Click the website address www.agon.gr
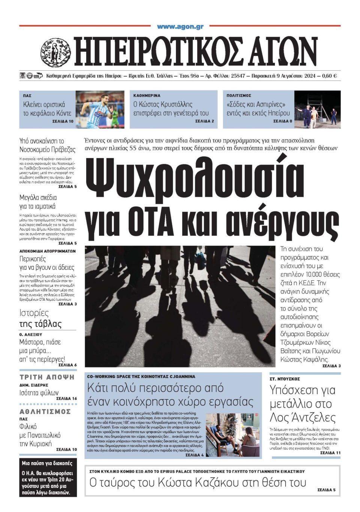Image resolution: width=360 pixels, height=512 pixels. [x=180, y=27]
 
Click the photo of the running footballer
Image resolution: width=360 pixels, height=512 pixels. [x=100, y=109]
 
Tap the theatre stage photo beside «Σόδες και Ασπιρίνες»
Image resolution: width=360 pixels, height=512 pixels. [x=317, y=109]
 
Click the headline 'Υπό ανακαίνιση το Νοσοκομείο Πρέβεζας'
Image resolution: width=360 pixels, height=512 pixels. [x=48, y=145]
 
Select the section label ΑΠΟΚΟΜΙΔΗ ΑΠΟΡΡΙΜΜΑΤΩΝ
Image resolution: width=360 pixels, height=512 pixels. [x=48, y=251]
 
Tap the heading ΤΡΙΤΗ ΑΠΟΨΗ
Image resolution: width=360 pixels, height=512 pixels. [x=47, y=377]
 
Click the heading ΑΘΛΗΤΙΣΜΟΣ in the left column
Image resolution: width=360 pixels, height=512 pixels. [x=45, y=412]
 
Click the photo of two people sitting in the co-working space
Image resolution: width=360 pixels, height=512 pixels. [x=232, y=435]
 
